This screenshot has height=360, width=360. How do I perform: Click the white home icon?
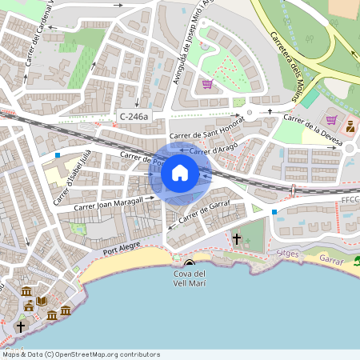point(180,172)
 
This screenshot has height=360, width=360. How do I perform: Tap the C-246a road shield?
point(133,117)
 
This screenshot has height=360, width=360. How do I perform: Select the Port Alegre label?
point(121,251)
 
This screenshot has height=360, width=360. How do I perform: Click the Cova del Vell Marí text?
point(190,280)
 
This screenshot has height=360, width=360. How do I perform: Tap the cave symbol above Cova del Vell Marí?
point(190,263)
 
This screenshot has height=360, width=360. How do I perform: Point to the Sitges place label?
point(287,253)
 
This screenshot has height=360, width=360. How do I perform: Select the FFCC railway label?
point(350,199)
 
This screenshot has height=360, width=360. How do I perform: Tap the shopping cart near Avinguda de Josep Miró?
point(207,84)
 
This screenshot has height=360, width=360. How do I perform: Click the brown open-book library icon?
point(41,302)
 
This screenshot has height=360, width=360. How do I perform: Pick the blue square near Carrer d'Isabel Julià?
point(58,154)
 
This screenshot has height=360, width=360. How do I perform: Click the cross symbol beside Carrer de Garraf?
point(236,238)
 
